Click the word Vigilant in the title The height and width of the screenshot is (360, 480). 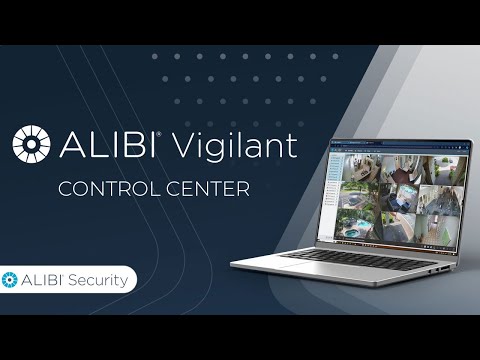coord(235,145)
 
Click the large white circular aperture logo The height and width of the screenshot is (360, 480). coord(31,144)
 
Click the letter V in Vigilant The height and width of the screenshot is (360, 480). coord(184,145)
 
